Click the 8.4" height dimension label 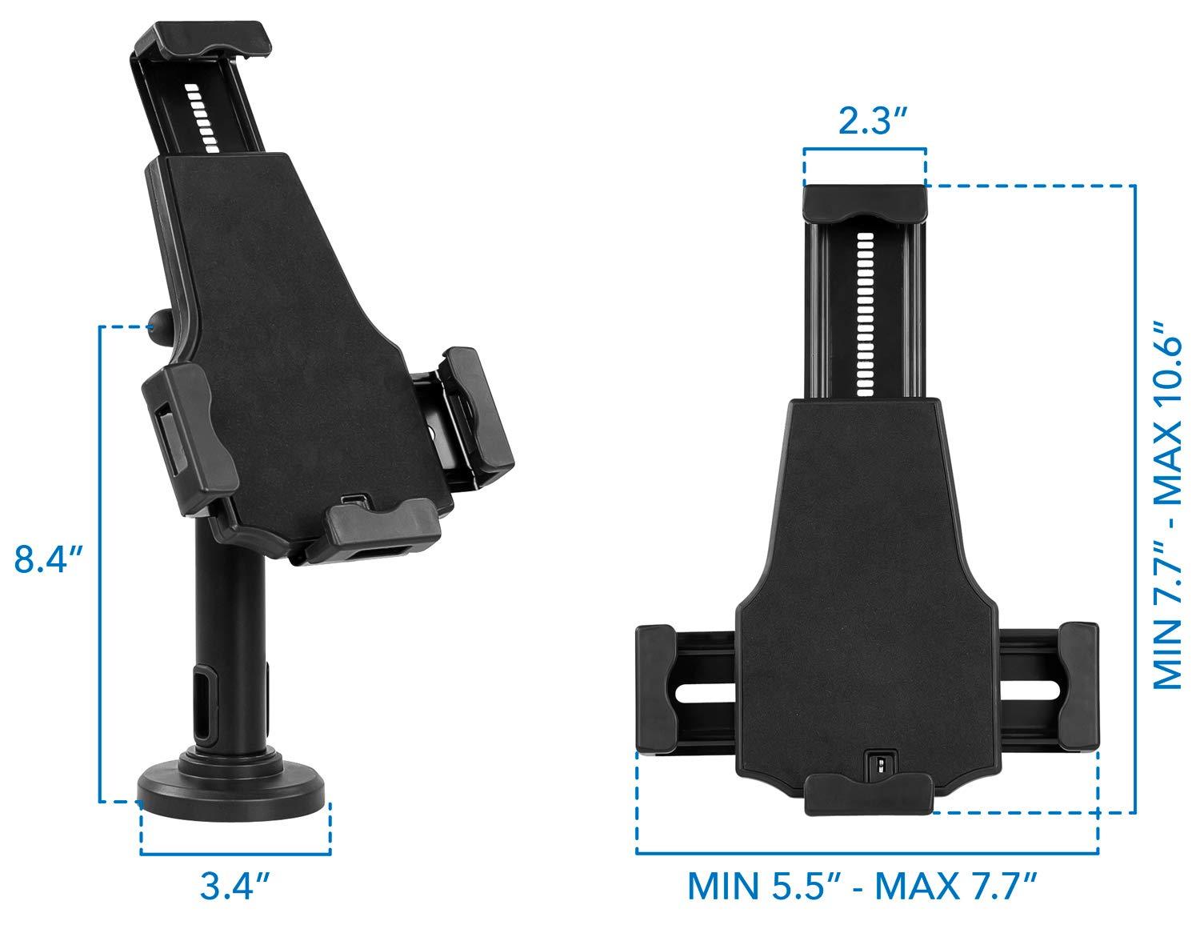coord(49,559)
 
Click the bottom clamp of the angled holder coord(382,523)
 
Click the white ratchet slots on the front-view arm coord(863,316)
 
